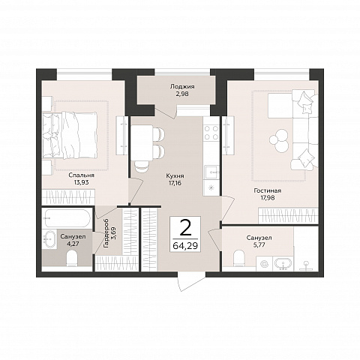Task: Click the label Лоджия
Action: click(x=182, y=87)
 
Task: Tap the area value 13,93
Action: click(x=81, y=182)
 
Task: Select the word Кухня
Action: click(x=175, y=176)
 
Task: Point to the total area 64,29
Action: click(x=185, y=245)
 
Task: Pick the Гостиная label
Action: click(x=268, y=190)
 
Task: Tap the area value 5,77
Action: click(x=259, y=245)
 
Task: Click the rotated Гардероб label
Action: click(x=106, y=233)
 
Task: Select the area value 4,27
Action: click(x=73, y=244)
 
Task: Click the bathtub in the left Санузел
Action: click(x=67, y=218)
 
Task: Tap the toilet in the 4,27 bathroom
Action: click(x=73, y=259)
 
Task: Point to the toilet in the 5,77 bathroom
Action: click(x=239, y=258)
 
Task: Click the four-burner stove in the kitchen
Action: click(x=211, y=133)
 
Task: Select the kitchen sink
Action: click(x=211, y=172)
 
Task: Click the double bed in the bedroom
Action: click(x=70, y=135)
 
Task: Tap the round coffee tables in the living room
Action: click(x=279, y=141)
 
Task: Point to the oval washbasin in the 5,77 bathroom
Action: click(x=283, y=264)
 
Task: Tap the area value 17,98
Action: click(x=268, y=198)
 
